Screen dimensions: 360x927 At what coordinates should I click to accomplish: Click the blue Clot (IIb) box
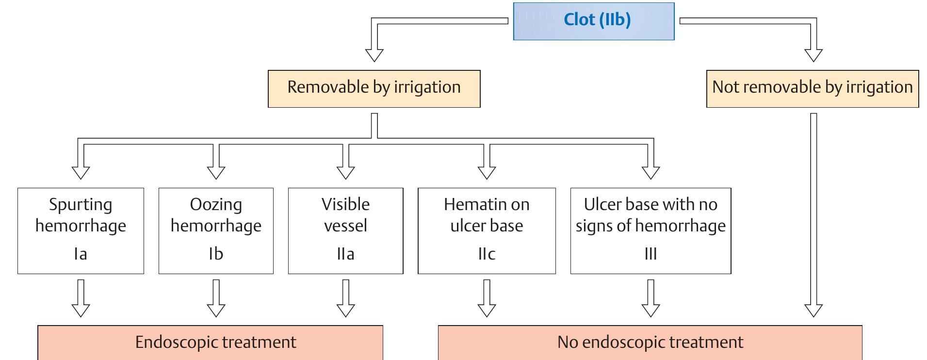click(594, 21)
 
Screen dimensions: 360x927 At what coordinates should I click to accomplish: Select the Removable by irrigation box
click(374, 88)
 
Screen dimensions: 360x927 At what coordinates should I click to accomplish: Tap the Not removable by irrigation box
click(813, 88)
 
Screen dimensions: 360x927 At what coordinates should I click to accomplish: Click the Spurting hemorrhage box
click(81, 230)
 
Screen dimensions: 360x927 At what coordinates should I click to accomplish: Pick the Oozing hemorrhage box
click(216, 230)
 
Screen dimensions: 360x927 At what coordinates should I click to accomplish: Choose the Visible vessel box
click(345, 230)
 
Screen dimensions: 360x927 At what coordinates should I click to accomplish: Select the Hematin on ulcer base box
click(487, 230)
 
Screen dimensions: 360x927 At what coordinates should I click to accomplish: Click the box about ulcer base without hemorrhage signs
click(651, 230)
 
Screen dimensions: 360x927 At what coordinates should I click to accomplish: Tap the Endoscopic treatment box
click(210, 343)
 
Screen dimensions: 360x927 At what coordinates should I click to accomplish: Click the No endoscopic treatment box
click(650, 343)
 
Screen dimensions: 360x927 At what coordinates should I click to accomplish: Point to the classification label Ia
click(81, 254)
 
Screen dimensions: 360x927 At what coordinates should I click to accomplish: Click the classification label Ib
click(216, 254)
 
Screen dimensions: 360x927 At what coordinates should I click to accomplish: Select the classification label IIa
click(345, 254)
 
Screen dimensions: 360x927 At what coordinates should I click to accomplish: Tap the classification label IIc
click(487, 254)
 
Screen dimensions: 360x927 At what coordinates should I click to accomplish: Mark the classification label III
click(651, 254)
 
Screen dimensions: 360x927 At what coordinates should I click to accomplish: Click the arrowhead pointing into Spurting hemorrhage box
click(81, 172)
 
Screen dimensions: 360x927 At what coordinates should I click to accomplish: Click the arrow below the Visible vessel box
click(345, 298)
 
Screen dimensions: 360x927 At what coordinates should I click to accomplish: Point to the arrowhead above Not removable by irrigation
click(813, 54)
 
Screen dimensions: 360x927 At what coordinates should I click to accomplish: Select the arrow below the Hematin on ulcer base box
click(487, 298)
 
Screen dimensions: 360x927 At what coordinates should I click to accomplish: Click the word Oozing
click(216, 205)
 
